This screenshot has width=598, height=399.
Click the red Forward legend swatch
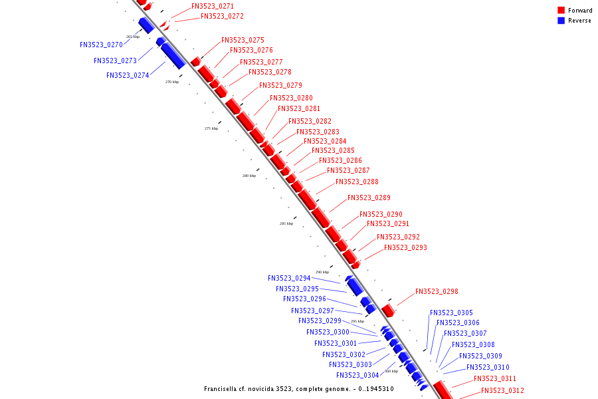tap(561, 11)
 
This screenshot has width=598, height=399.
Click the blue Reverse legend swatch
tap(561, 21)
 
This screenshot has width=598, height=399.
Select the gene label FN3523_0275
tap(243, 40)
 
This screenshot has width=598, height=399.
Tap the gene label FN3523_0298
tap(437, 291)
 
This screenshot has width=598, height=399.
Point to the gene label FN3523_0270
tap(101, 45)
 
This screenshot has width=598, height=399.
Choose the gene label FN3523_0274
tap(128, 76)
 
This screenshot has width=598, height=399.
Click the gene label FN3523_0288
tap(357, 182)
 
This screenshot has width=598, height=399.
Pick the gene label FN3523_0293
tap(405, 247)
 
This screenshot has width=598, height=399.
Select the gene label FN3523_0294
tap(289, 279)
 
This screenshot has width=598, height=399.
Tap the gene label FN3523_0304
tap(357, 376)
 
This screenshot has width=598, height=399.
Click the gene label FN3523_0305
tap(451, 313)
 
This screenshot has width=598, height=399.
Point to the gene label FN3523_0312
tap(502, 390)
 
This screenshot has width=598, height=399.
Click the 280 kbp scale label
tap(249, 176)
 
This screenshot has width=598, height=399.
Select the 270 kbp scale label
tap(172, 82)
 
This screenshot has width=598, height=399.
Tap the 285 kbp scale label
tap(286, 223)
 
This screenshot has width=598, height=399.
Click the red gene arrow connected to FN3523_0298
tap(388, 310)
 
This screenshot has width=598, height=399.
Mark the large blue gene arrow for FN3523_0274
tap(173, 55)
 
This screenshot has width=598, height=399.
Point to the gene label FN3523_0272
tap(222, 16)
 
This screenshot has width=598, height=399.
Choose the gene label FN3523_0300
tap(328, 332)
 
